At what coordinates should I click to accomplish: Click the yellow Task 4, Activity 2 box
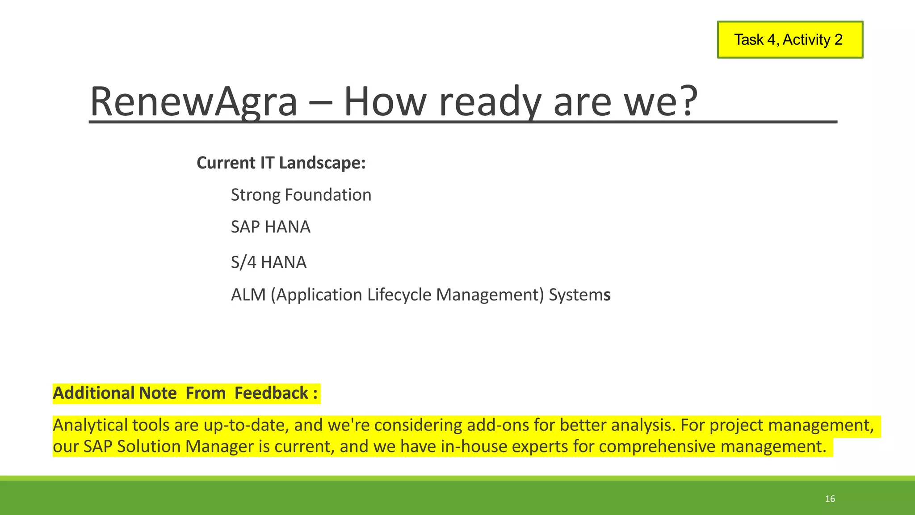(x=789, y=40)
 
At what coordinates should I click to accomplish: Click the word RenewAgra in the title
(x=193, y=101)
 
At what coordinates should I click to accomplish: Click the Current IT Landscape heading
(x=281, y=163)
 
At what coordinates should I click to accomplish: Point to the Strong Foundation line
(x=301, y=195)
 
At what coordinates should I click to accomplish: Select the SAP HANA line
(x=270, y=227)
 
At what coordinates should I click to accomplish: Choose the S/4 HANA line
(x=269, y=262)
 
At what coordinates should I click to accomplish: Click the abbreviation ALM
(x=248, y=295)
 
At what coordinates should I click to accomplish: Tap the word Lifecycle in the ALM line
(x=399, y=295)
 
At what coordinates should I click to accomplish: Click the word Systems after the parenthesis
(x=579, y=295)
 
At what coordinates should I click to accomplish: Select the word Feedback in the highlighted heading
(x=271, y=393)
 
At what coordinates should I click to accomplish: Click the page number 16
(x=830, y=499)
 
